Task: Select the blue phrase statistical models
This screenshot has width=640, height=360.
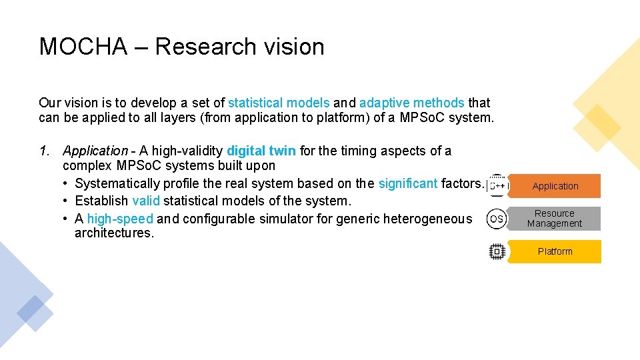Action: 279,103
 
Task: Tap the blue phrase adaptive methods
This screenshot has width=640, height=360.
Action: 411,103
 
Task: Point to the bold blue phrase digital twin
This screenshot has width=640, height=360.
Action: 261,151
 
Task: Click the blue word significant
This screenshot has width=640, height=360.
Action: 408,183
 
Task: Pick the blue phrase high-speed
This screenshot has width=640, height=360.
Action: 120,219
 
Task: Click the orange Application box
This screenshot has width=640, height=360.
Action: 555,186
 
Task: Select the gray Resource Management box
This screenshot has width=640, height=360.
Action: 555,219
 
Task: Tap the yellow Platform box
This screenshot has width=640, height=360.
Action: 555,251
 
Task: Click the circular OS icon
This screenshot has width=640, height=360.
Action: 497,219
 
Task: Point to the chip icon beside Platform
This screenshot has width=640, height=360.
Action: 497,251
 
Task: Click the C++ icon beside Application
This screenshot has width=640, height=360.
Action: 497,185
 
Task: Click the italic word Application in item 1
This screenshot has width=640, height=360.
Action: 95,151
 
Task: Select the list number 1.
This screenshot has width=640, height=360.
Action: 43,151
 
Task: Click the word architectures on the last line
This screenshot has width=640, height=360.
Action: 114,233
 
